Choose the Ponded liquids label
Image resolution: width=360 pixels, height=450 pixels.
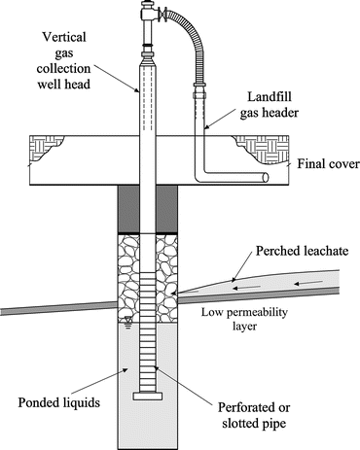tap(56, 400)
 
